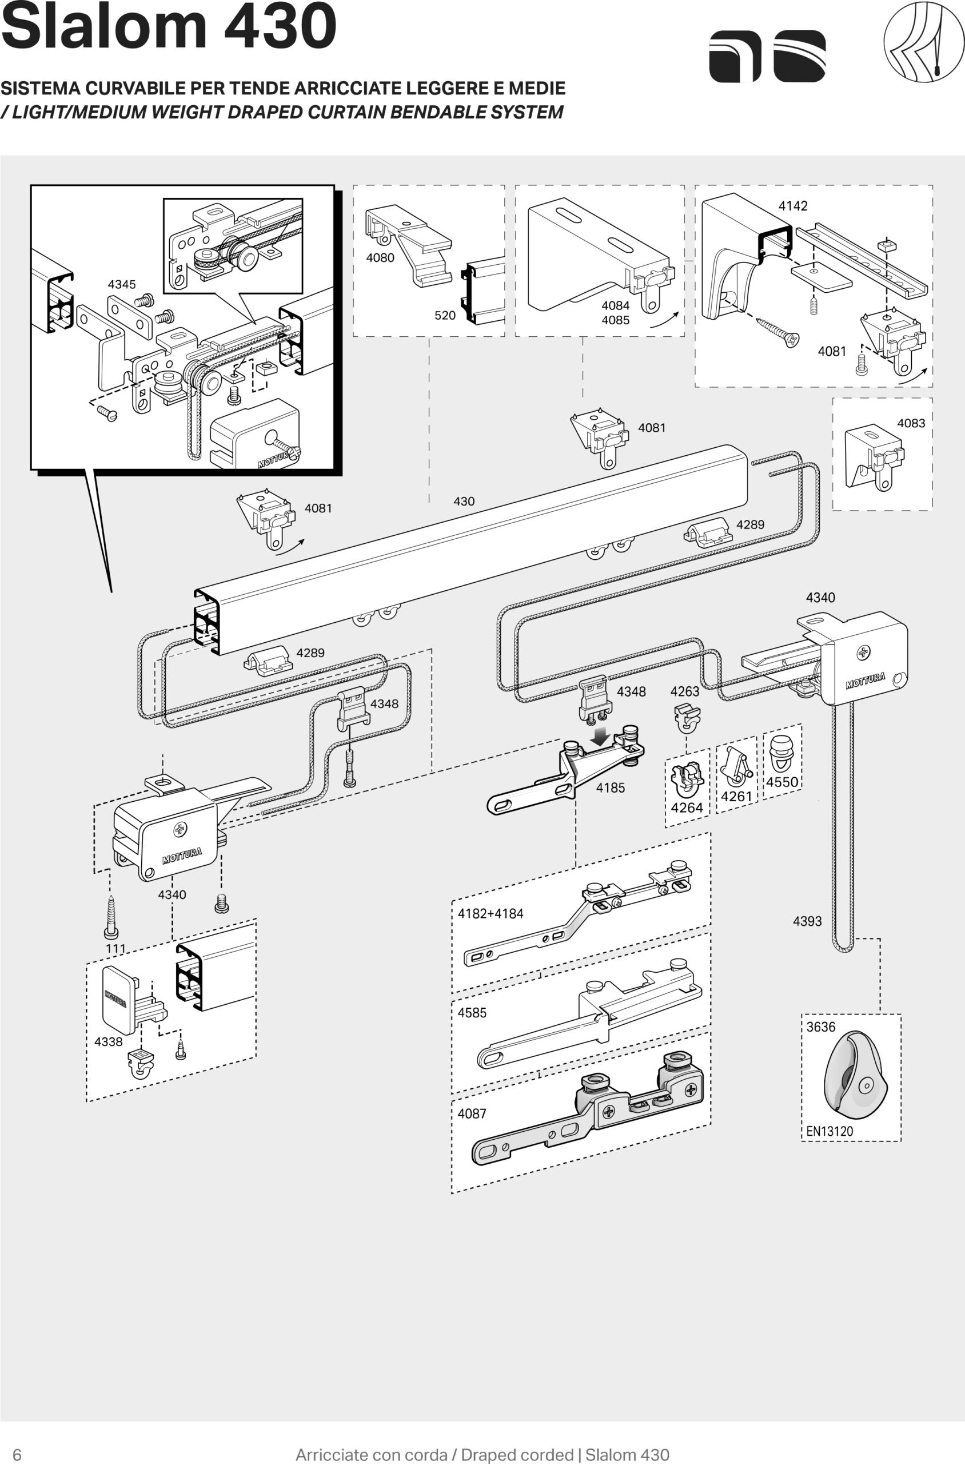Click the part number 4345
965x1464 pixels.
tap(121, 284)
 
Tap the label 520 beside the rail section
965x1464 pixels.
tap(445, 316)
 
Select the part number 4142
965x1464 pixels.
tap(793, 206)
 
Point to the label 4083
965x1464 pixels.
tap(911, 423)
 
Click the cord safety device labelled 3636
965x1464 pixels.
tap(852, 1075)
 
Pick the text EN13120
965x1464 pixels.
tap(830, 1131)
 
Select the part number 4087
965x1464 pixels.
tap(472, 1113)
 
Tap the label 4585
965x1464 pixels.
tap(472, 1012)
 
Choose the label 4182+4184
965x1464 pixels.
tap(490, 914)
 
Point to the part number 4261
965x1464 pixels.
tap(736, 797)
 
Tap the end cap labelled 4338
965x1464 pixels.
tap(120, 1000)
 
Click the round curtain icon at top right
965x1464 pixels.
tap(924, 42)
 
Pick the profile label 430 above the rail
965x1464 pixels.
tap(464, 501)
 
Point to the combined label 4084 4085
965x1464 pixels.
tap(616, 313)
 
